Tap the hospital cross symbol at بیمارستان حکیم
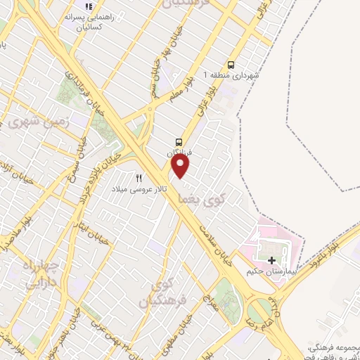pos(272,260)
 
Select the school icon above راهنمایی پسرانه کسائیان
pos(89,6)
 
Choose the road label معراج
pos(209,307)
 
